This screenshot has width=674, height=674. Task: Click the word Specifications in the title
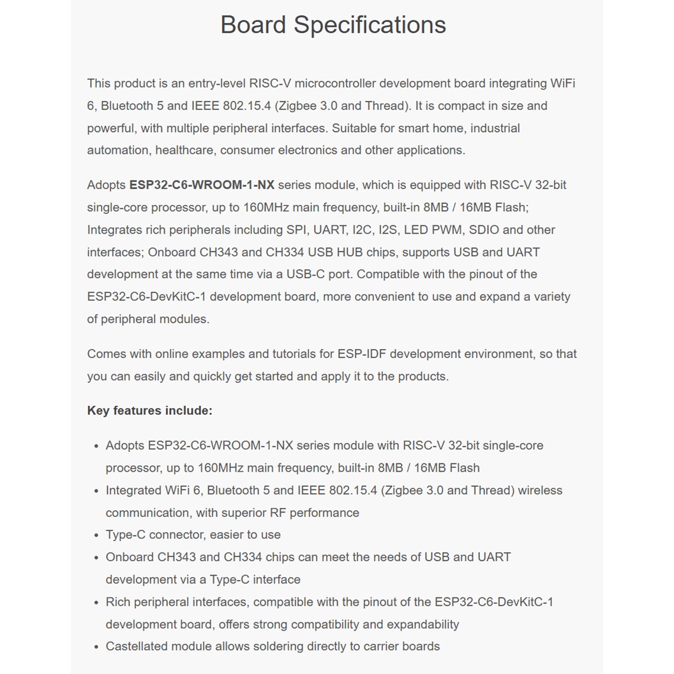tap(370, 26)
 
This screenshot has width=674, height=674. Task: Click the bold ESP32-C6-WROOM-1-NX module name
tap(202, 185)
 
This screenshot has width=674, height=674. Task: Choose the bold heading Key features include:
tap(149, 410)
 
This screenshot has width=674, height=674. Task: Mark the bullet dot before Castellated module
tap(96, 647)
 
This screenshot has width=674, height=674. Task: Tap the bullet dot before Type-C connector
tap(96, 535)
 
